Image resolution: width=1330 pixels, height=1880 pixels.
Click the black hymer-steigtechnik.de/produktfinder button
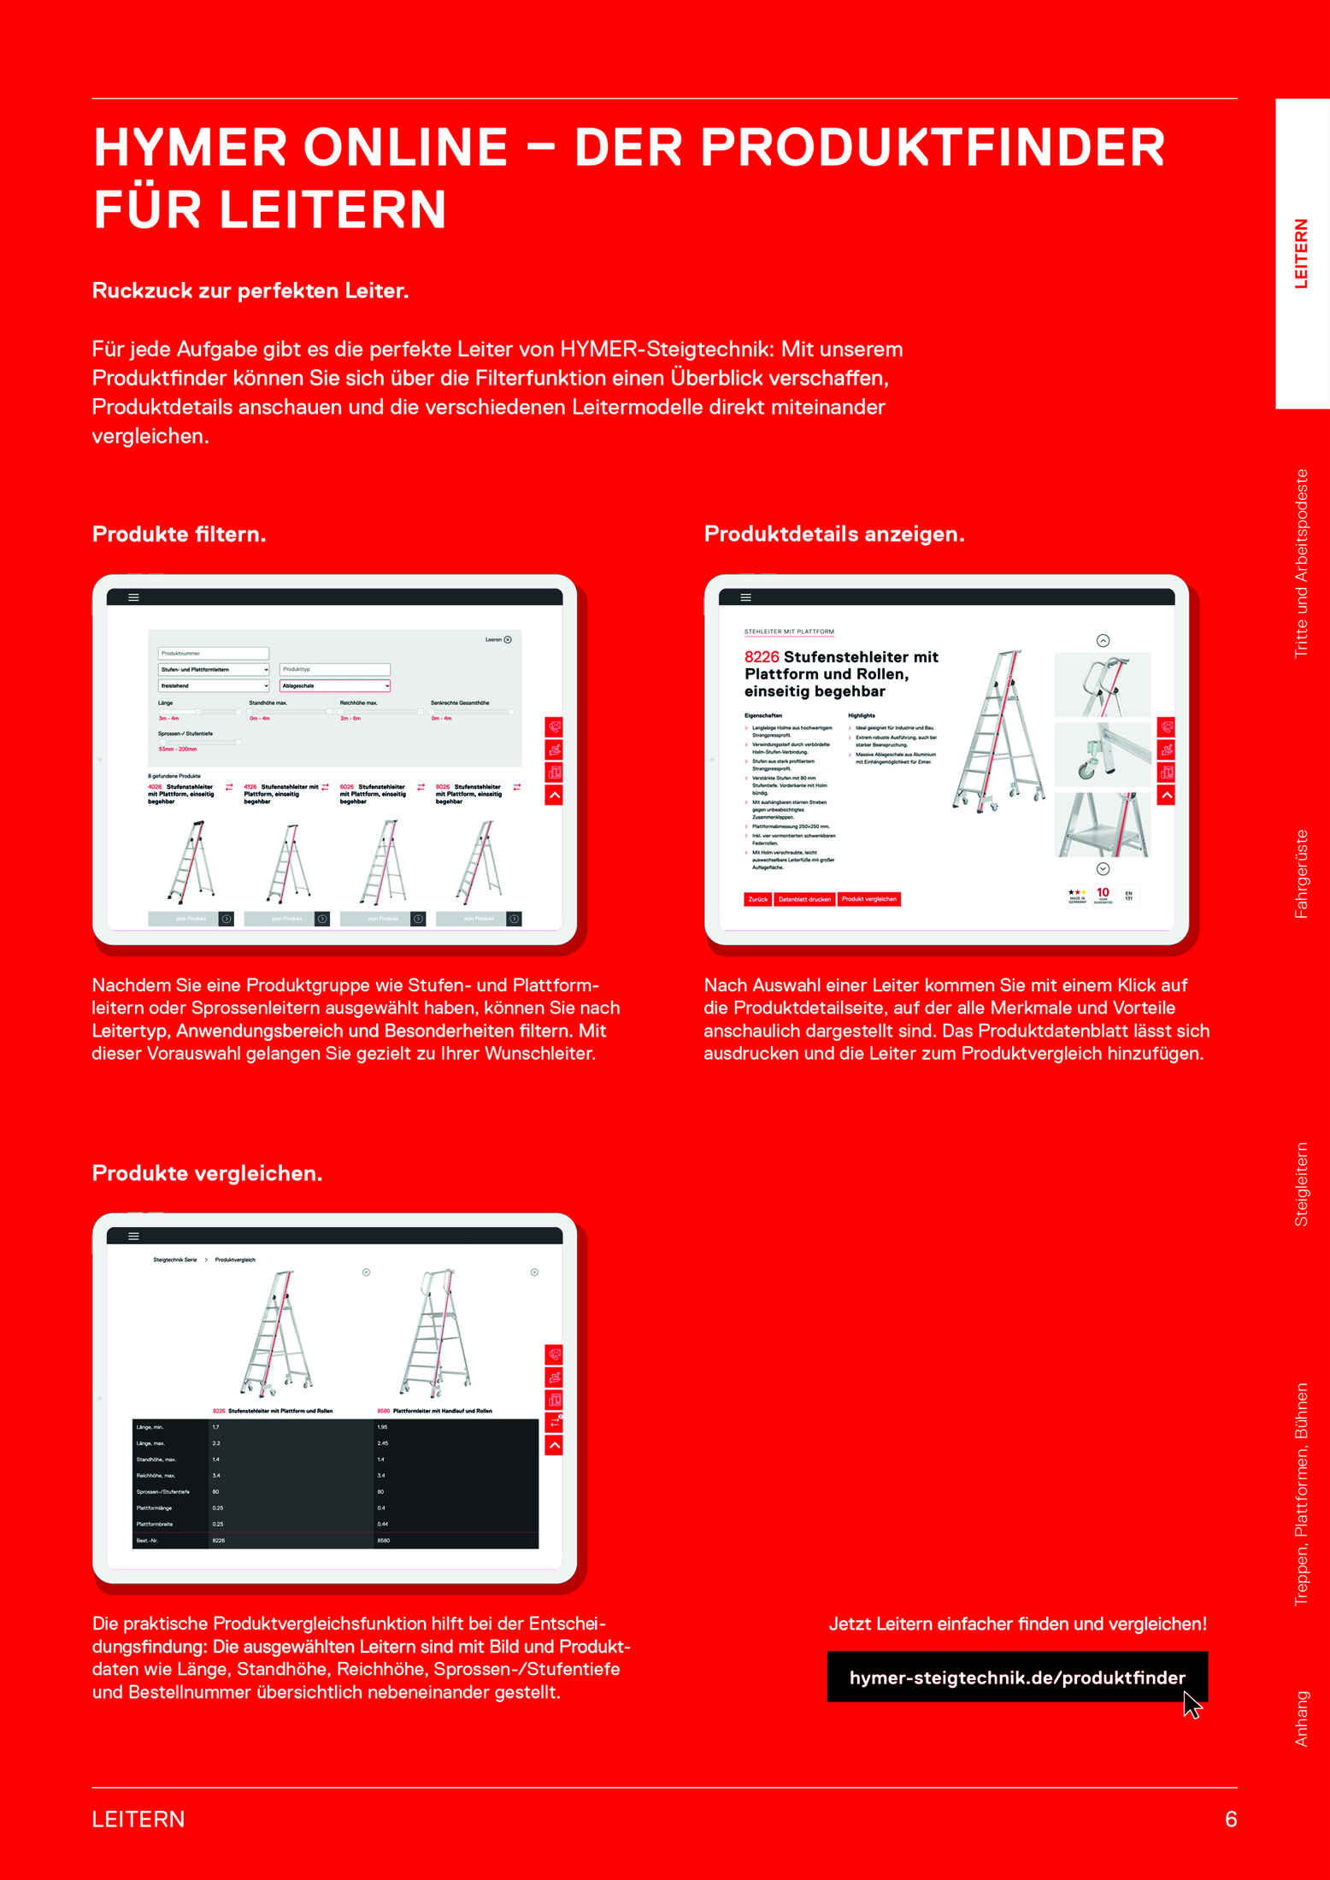pos(1016,1677)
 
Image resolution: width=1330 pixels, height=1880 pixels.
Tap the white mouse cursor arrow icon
pos(1192,1705)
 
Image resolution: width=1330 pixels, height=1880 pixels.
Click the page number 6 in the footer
pos(1230,1818)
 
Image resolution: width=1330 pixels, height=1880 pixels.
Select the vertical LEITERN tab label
pos(1301,254)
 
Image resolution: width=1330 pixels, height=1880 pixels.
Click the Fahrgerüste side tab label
pos(1301,873)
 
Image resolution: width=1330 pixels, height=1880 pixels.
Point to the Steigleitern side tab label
pos(1301,1184)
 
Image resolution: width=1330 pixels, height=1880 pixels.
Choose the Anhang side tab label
pos(1301,1718)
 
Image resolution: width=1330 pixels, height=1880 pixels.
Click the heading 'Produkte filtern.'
pos(179,534)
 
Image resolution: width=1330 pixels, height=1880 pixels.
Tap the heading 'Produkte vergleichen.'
pos(207,1173)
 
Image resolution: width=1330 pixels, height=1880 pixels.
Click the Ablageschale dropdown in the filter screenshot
pos(334,685)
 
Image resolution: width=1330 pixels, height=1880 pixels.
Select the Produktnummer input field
pos(213,653)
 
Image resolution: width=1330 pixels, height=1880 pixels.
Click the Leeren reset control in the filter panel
pos(498,639)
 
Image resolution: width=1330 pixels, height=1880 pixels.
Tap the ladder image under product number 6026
pos(383,861)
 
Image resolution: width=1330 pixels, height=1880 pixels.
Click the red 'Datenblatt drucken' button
pos(804,899)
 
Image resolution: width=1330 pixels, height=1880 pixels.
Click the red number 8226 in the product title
pos(762,657)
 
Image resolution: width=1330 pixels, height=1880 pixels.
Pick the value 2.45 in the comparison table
pos(383,1442)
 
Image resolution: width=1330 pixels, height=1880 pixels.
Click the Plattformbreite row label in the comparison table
pos(155,1524)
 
